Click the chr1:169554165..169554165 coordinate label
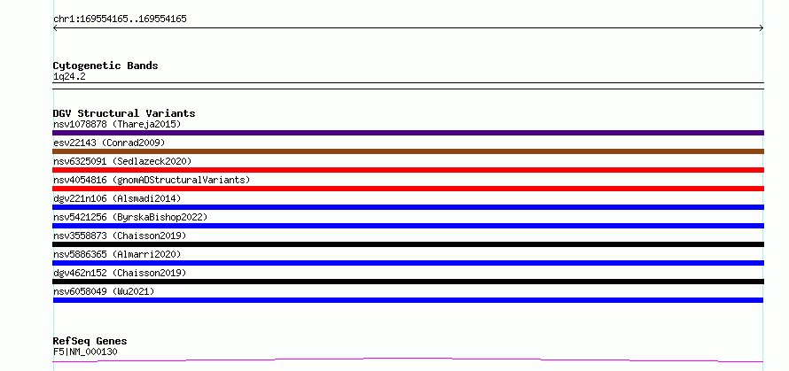pyautogui.click(x=120, y=19)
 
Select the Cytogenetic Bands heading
pyautogui.click(x=105, y=66)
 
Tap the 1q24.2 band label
pyautogui.click(x=69, y=76)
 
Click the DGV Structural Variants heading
pyautogui.click(x=124, y=113)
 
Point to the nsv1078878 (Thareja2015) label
pyautogui.click(x=117, y=124)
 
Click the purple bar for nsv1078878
pyautogui.click(x=408, y=133)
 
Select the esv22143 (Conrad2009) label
pyautogui.click(x=109, y=143)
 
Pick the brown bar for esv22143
pyautogui.click(x=408, y=151)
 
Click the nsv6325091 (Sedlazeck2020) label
pyautogui.click(x=122, y=161)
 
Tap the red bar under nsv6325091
pyautogui.click(x=408, y=170)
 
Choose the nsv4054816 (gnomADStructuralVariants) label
pyautogui.click(x=152, y=180)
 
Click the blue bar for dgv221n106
pyautogui.click(x=408, y=207)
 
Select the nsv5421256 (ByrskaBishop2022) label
pyautogui.click(x=130, y=217)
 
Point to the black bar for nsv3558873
pyautogui.click(x=408, y=244)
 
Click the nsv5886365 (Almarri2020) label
pyautogui.click(x=117, y=254)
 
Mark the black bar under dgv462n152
pyautogui.click(x=408, y=282)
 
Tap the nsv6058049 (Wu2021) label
pyautogui.click(x=104, y=291)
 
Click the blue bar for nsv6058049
pyautogui.click(x=408, y=300)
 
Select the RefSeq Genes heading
pyautogui.click(x=90, y=342)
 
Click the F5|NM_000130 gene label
pyautogui.click(x=85, y=352)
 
